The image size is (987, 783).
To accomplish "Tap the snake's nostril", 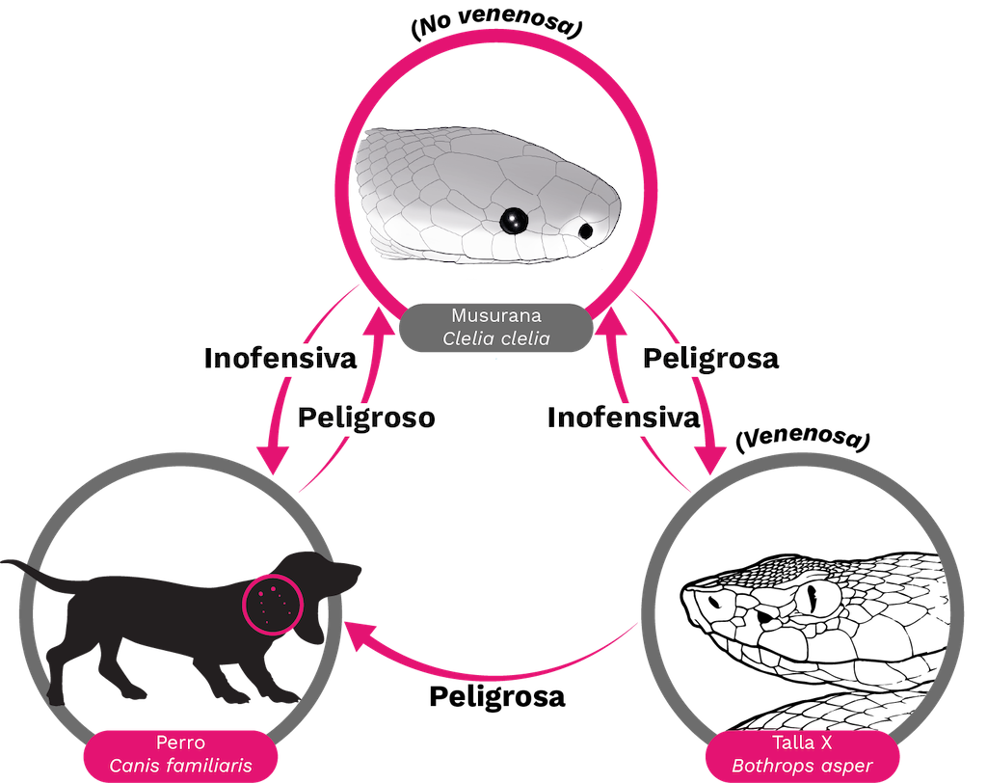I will (585, 230).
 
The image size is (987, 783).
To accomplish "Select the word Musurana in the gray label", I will (496, 315).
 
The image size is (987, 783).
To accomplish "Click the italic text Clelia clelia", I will (496, 338).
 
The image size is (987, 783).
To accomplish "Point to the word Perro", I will (180, 743).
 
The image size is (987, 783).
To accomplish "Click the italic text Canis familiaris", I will (180, 767).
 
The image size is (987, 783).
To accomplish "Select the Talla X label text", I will (802, 743).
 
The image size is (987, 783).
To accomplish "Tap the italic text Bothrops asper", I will (802, 767).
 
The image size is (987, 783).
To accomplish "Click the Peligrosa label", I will (708, 360).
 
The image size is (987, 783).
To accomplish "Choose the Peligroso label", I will (363, 418).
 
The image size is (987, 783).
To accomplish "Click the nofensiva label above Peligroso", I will (280, 360).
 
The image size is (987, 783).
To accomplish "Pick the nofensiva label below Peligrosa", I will (627, 418).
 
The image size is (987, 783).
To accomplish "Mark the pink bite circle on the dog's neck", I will (273, 603).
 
